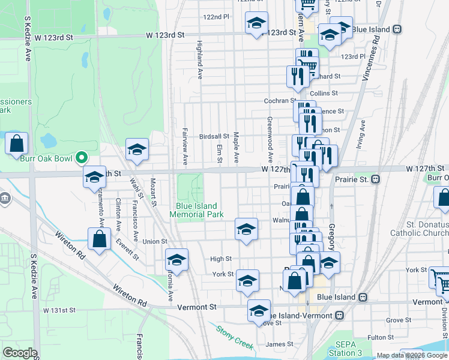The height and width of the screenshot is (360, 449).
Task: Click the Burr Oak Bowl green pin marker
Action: click(83, 159)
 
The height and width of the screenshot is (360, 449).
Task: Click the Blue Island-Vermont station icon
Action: click(340, 315)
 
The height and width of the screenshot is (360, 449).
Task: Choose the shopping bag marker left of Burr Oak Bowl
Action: click(17, 143)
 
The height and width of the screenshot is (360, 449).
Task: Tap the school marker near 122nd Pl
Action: click(256, 23)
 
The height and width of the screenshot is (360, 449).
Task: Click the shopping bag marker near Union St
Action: click(99, 238)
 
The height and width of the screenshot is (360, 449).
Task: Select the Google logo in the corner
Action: click(20, 352)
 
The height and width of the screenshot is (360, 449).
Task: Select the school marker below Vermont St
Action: click(259, 311)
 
